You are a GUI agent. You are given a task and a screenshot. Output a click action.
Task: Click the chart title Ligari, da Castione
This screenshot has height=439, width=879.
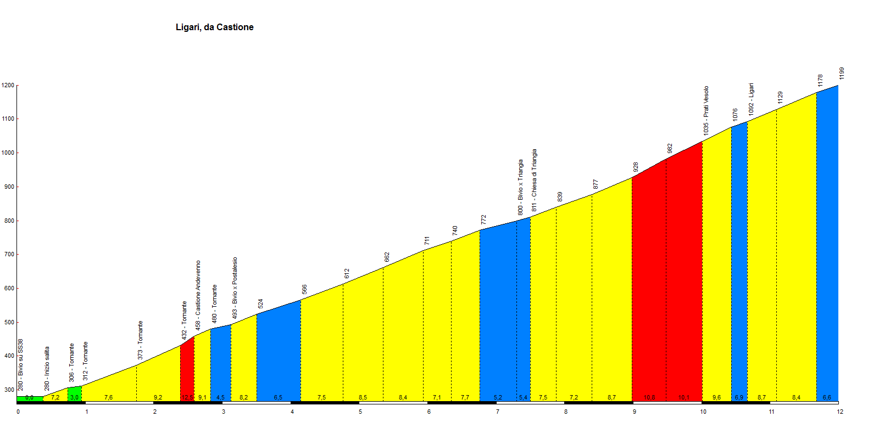[214, 27]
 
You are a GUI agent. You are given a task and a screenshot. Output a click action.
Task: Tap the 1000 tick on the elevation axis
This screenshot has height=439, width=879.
[8, 153]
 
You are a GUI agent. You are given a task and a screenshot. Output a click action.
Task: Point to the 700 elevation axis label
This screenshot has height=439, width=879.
[8, 255]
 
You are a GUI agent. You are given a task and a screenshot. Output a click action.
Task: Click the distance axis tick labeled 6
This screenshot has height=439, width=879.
[429, 412]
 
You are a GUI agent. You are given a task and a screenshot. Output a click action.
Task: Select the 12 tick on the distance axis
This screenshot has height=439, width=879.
[840, 412]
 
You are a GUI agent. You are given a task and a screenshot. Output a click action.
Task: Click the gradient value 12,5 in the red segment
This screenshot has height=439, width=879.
[187, 398]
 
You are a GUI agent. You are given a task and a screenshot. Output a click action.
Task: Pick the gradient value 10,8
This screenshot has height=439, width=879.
[649, 398]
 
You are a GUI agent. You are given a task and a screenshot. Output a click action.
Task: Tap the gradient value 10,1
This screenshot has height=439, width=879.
[684, 398]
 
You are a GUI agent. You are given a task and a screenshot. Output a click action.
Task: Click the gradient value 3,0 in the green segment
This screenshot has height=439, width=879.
[75, 398]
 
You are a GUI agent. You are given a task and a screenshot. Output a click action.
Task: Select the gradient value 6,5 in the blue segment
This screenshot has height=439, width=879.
[278, 398]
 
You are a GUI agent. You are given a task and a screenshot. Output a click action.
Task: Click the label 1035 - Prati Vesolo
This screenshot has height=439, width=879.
[706, 110]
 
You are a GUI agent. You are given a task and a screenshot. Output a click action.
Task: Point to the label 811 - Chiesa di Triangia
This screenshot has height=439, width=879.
[534, 180]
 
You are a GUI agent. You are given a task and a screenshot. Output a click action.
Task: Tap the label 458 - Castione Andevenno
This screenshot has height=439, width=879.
[198, 295]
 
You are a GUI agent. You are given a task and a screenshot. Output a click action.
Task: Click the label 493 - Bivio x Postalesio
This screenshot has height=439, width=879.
[235, 288]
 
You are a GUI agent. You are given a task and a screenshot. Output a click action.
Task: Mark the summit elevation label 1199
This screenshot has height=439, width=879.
[842, 74]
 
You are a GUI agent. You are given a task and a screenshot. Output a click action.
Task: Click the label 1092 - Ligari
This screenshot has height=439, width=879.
[751, 99]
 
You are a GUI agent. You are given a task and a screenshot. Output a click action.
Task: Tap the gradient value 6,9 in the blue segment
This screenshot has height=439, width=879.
[739, 398]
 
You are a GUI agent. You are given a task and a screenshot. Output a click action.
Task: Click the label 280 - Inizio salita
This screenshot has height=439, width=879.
[47, 368]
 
